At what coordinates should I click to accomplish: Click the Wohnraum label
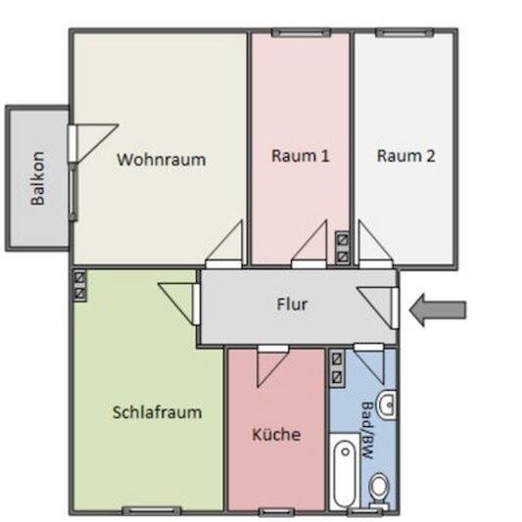click(x=162, y=160)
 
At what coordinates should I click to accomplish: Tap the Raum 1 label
click(x=300, y=156)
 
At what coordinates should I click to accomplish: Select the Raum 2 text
click(x=405, y=156)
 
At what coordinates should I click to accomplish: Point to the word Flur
click(x=292, y=305)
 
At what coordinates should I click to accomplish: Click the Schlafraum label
click(x=157, y=412)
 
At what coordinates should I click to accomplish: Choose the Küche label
click(x=276, y=435)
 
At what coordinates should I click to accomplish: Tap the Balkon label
click(x=38, y=177)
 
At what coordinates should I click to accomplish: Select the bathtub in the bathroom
click(x=343, y=474)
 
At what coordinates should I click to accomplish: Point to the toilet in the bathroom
click(x=380, y=487)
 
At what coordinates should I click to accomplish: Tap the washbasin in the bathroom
click(x=386, y=403)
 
